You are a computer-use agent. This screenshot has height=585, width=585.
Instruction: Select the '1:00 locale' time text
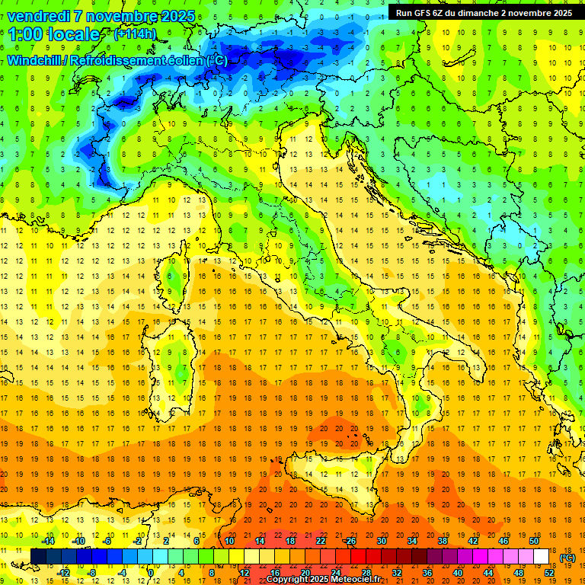point(54,34)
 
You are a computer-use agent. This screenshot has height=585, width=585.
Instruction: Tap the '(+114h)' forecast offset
point(135,34)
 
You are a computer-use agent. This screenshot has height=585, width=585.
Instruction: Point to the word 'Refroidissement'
point(118,61)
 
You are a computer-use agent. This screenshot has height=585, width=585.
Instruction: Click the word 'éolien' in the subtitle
point(187,61)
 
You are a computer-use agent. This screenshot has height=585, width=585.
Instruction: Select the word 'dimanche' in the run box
point(481,13)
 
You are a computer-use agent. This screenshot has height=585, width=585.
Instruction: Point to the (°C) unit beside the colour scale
point(567,558)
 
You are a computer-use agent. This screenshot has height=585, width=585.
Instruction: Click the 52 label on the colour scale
point(549,572)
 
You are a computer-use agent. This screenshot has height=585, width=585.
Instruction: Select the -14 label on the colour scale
point(47,541)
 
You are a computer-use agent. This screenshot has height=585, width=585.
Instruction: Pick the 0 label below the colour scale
point(151,572)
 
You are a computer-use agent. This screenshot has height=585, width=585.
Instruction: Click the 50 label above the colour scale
point(534,541)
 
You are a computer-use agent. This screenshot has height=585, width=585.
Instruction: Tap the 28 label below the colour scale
point(366,572)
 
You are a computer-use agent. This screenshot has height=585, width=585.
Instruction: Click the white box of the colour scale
point(542,557)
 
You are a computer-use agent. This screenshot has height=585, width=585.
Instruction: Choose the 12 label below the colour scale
point(244,572)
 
